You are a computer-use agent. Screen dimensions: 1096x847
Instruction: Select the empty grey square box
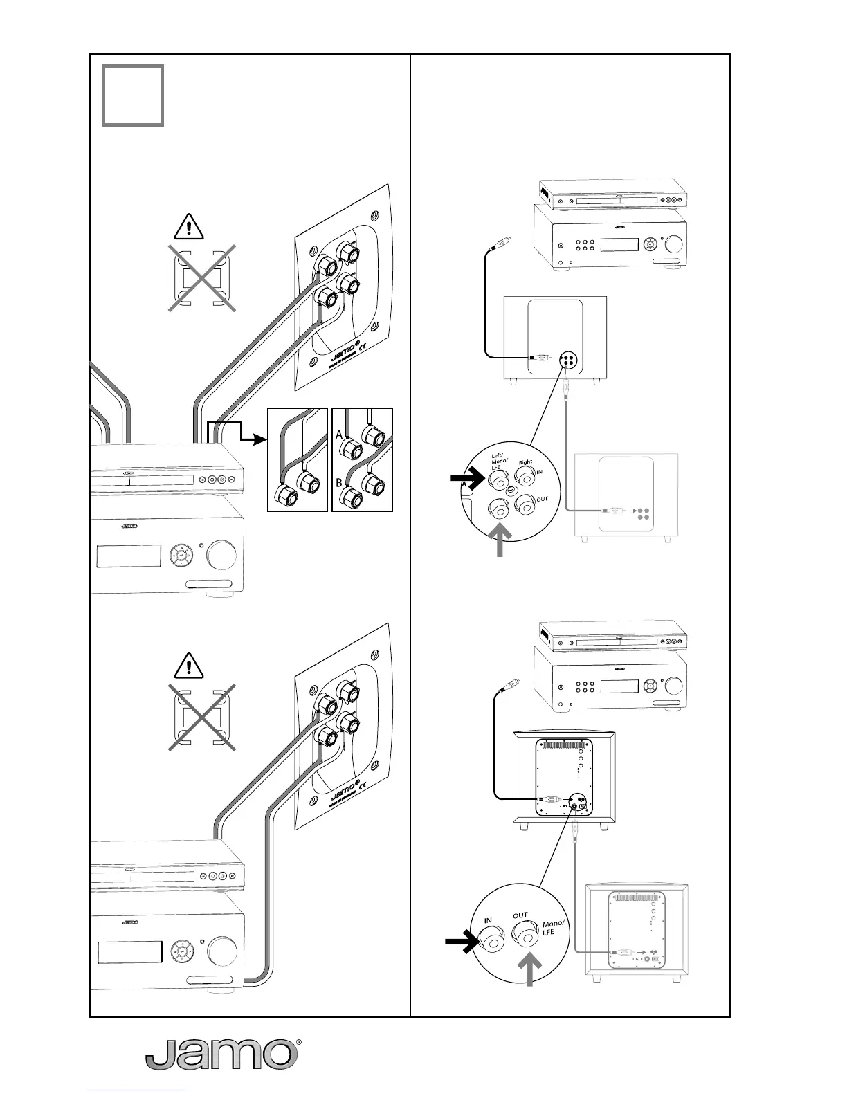pyautogui.click(x=133, y=95)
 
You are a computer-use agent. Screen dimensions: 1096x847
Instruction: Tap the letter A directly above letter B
pyautogui.click(x=339, y=435)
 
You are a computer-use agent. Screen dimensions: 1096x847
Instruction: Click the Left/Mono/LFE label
pyautogui.click(x=500, y=462)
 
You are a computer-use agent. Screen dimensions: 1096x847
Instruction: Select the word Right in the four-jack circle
pyautogui.click(x=525, y=462)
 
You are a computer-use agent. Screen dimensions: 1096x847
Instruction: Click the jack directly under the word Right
pyautogui.click(x=527, y=477)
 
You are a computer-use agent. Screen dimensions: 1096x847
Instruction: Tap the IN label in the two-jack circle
pyautogui.click(x=488, y=920)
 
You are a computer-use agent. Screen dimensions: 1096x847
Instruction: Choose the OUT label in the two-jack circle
pyautogui.click(x=520, y=915)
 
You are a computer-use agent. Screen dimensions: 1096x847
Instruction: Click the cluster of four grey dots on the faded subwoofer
pyautogui.click(x=644, y=512)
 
